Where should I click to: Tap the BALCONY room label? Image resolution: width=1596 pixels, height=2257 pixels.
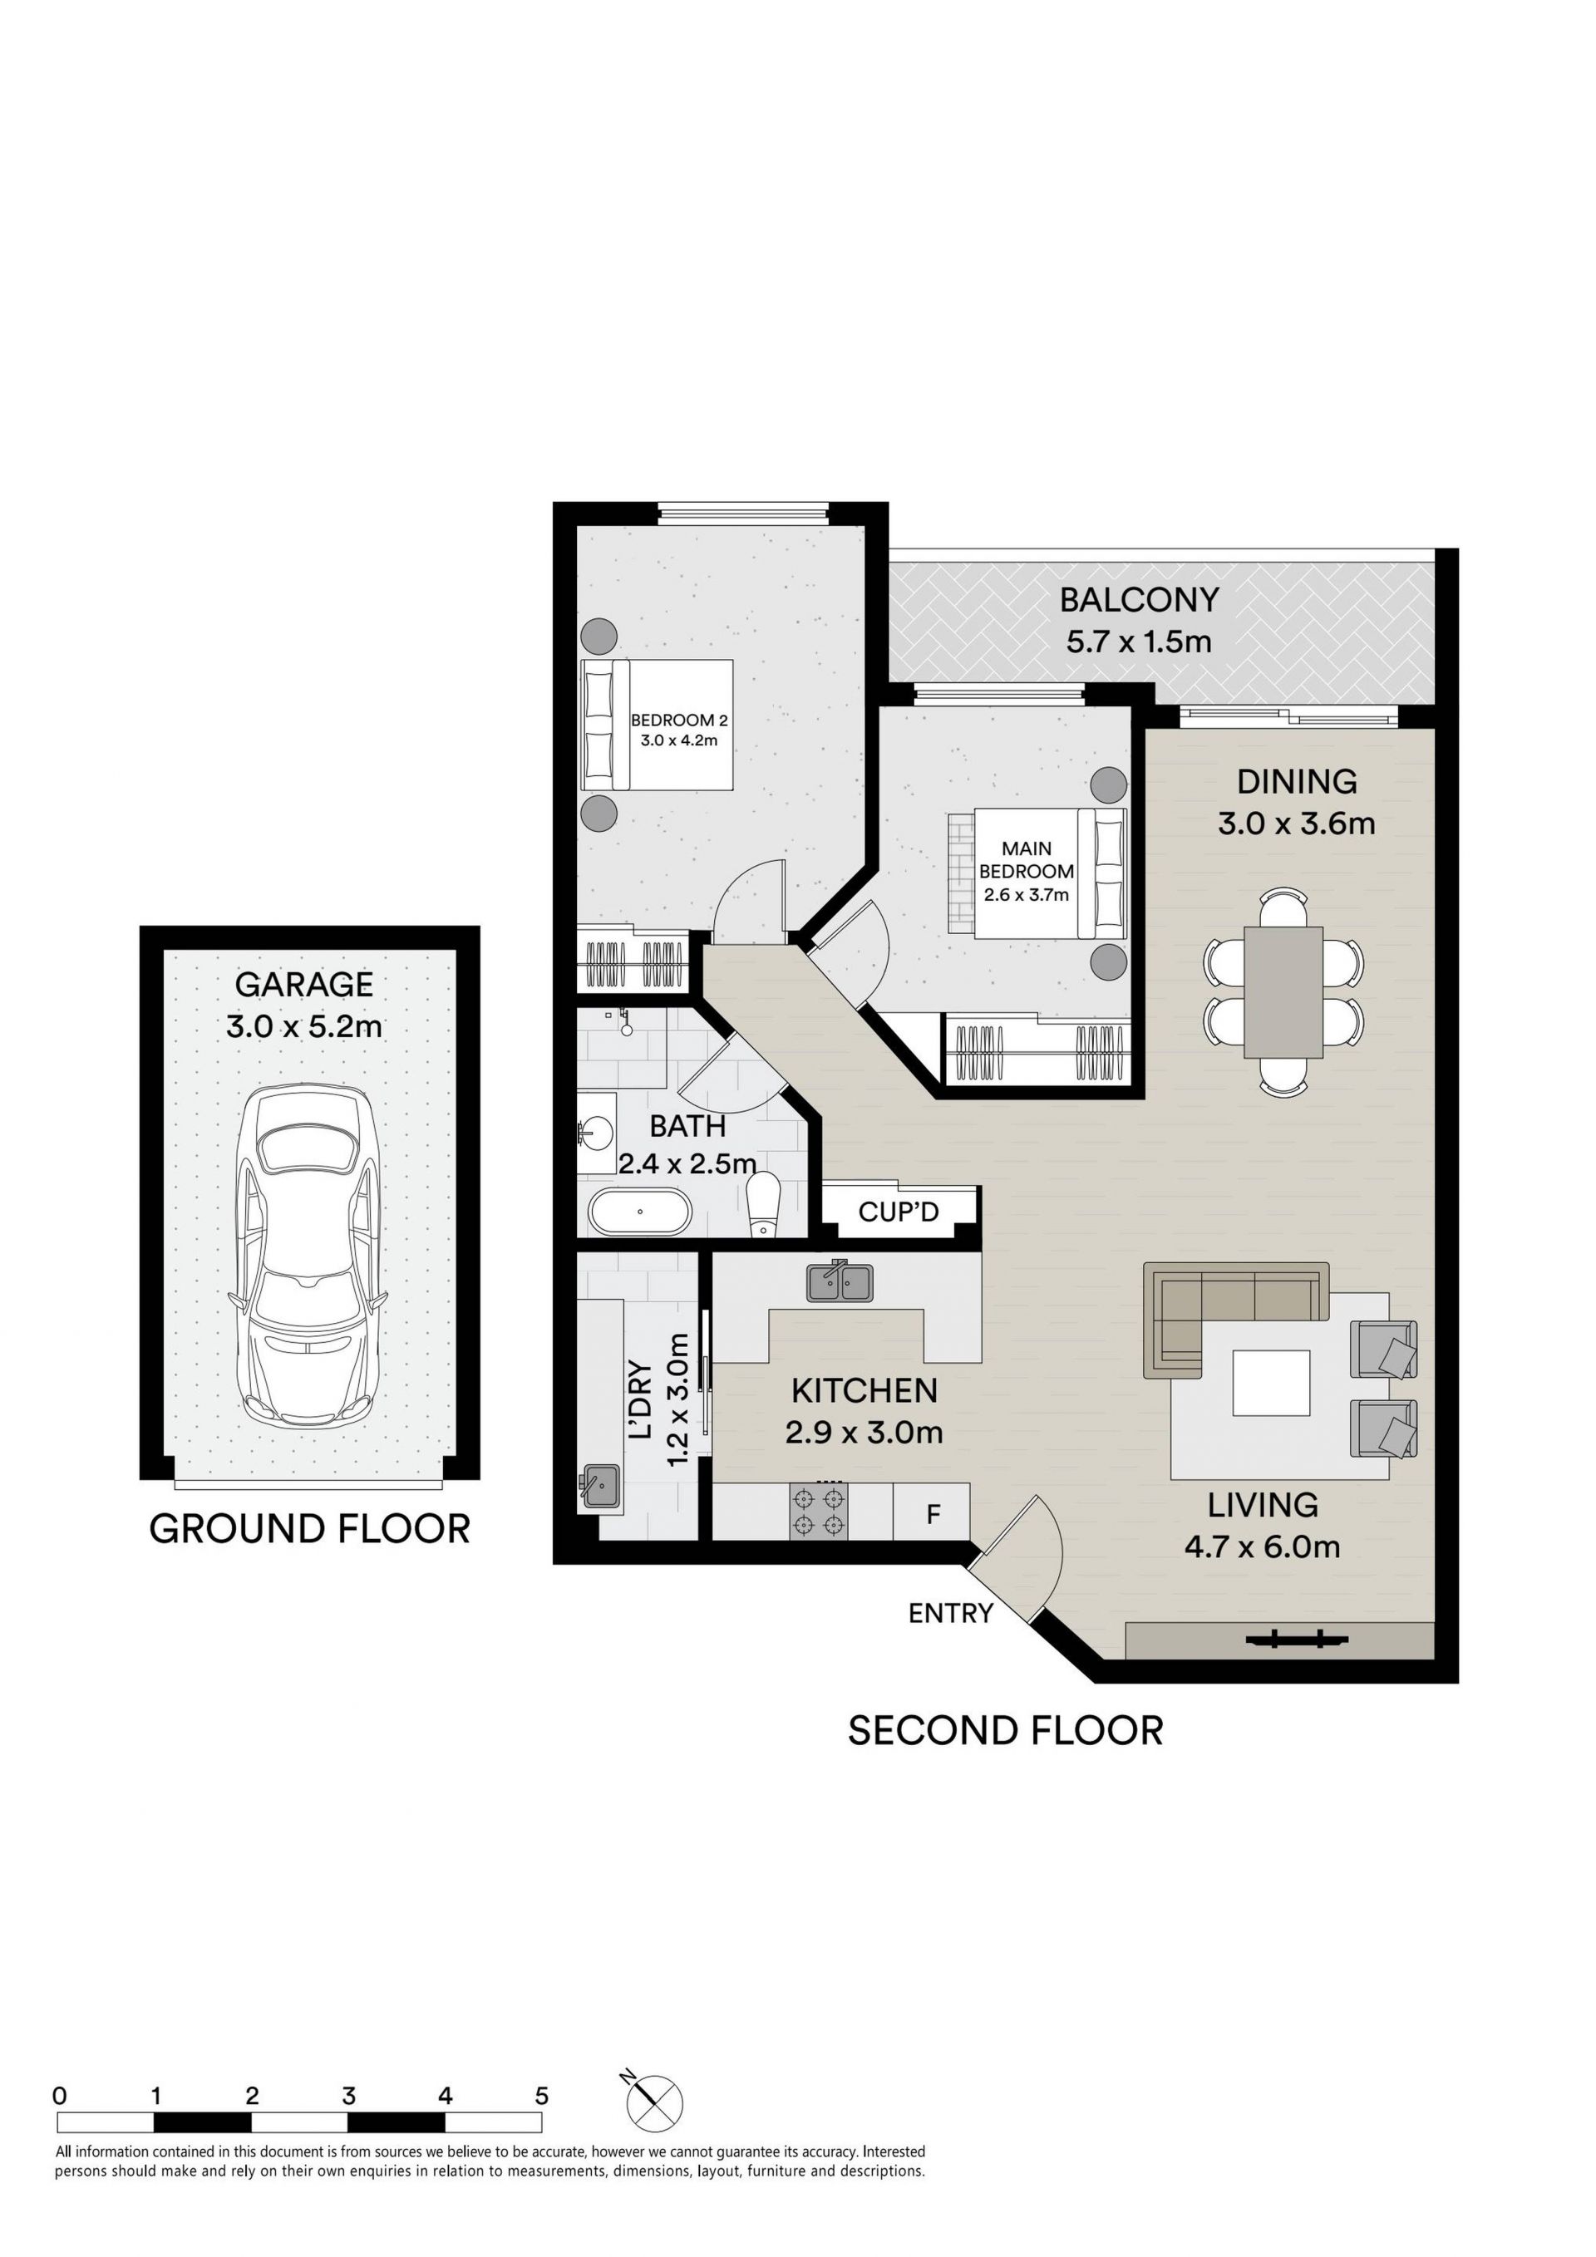pos(1139,598)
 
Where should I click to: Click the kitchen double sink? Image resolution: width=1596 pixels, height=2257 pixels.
pos(839,1281)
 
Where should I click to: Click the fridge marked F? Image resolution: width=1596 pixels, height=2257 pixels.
pos(932,1512)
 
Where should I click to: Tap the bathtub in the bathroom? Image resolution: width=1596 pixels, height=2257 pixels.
pos(639,1211)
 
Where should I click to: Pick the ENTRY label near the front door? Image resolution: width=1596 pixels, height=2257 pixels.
pos(951,1613)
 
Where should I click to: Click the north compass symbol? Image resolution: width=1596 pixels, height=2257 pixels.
pos(653,2103)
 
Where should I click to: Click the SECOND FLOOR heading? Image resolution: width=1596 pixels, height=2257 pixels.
pos(1005,1731)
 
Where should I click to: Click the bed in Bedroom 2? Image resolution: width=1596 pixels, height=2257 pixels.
pos(658,725)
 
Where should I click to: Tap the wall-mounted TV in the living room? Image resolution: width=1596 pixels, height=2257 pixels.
pos(1295,1639)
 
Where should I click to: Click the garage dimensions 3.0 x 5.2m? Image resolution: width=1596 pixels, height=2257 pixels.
pos(304,1027)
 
